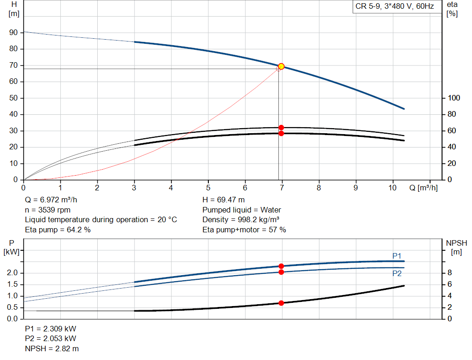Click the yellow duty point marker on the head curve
point(281,66)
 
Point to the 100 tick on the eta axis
point(454,98)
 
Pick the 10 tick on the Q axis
point(393,188)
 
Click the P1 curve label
point(397,256)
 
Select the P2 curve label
point(397,273)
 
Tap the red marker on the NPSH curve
point(281,303)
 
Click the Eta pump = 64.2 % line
point(58,230)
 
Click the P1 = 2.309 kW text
point(51,329)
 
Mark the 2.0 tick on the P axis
point(12,273)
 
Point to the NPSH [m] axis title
point(456,247)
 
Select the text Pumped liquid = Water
point(242,210)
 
